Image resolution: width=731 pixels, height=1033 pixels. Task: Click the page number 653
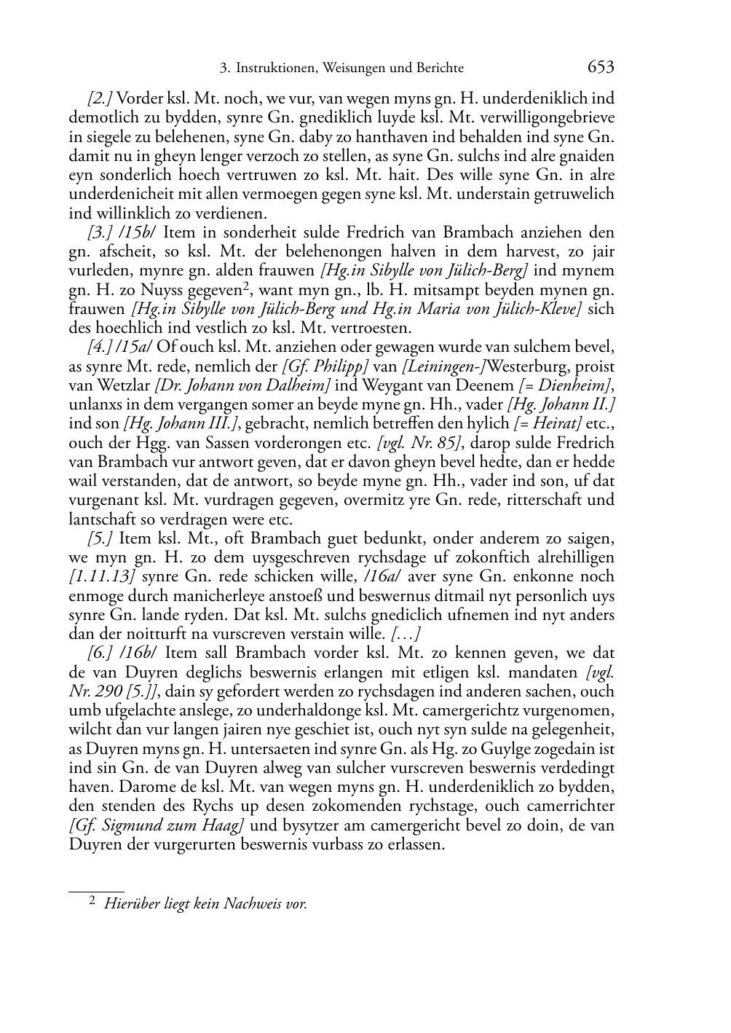(600, 67)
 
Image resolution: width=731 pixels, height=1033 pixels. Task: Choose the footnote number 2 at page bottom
(92, 901)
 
